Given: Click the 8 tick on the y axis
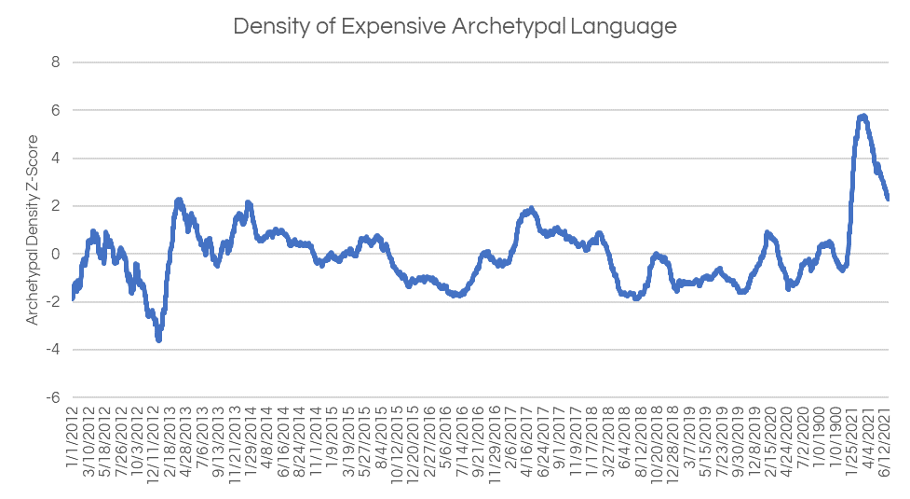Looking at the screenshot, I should coord(56,62).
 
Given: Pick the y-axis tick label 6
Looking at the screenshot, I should coord(56,110).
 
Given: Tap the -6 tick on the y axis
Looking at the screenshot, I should coord(53,397).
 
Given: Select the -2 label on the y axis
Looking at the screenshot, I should coord(53,301).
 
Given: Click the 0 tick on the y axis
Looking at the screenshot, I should coord(56,254).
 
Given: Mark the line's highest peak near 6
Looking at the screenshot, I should coord(863,117).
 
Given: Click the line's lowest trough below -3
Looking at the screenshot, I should coord(159,340).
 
